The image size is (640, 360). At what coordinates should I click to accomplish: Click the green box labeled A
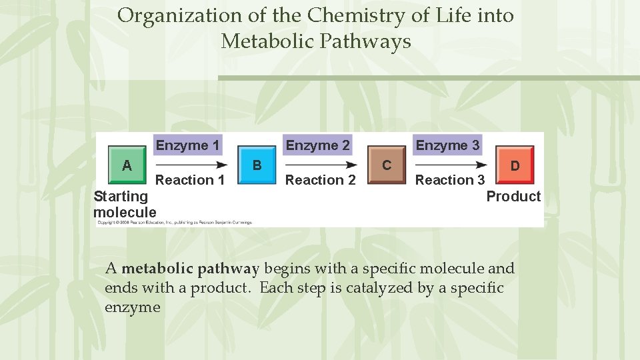click(x=127, y=165)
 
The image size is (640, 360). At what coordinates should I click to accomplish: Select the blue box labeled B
click(x=257, y=165)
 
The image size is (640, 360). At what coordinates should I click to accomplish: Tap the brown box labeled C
click(x=387, y=165)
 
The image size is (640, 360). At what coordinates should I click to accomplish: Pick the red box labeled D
click(x=515, y=165)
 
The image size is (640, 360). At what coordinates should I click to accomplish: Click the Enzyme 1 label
click(x=187, y=145)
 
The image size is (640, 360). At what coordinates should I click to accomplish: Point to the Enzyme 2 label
click(x=317, y=145)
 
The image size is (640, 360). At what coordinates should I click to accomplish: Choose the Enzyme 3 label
click(x=447, y=145)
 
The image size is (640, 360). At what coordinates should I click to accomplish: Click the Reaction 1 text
click(x=190, y=180)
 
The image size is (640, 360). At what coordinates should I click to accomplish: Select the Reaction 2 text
click(x=321, y=180)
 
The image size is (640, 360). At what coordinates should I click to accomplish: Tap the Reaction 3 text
click(x=450, y=180)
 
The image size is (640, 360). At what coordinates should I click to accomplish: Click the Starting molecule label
click(x=125, y=204)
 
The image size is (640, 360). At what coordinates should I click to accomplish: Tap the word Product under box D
click(x=513, y=196)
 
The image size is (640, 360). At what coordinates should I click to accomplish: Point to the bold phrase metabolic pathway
click(x=190, y=269)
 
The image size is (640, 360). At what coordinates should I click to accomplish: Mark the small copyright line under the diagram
click(x=174, y=223)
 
